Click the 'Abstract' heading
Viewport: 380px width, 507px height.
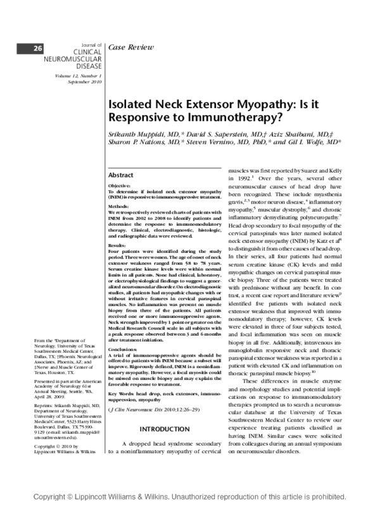click(121, 175)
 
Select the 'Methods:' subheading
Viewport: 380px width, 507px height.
click(118, 207)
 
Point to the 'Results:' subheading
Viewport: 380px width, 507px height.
click(117, 245)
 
